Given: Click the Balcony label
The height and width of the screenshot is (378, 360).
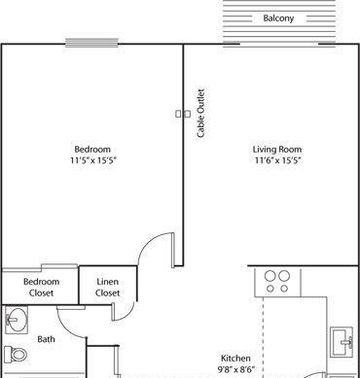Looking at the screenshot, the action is pos(278,18).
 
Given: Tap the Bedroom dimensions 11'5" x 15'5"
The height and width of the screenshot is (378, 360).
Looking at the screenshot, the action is pos(93,160).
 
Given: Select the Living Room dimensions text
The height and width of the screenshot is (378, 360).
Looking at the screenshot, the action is pos(277,160).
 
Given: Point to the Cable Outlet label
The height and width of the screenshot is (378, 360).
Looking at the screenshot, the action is pos(201,113).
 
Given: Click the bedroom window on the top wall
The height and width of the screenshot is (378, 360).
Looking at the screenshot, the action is pos(92,43).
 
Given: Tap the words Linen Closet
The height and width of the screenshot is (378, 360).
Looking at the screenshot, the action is pos(108,288).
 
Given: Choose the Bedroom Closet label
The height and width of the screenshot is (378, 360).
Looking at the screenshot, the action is pos(42,288).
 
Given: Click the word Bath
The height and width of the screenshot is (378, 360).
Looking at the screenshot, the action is pos(46,339).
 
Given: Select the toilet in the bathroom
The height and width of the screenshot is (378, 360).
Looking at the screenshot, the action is pos(16,354).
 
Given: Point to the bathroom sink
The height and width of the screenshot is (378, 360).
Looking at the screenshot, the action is pos(17,321).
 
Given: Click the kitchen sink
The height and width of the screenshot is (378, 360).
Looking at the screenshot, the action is pos(342,342).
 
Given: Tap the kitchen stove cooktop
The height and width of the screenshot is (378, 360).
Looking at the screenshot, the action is pos(277,282).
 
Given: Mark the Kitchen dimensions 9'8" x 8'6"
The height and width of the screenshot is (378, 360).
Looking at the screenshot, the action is pos(235,369).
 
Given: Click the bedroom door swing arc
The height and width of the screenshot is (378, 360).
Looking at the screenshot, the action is pos(148,242).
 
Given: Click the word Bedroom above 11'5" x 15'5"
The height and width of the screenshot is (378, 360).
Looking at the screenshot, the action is pos(92,150).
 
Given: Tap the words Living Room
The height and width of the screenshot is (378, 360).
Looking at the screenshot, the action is pos(277,150).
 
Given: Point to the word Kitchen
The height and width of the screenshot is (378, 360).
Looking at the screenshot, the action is pos(235,359).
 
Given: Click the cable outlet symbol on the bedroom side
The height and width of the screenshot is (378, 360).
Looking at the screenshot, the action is pos(178,114).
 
